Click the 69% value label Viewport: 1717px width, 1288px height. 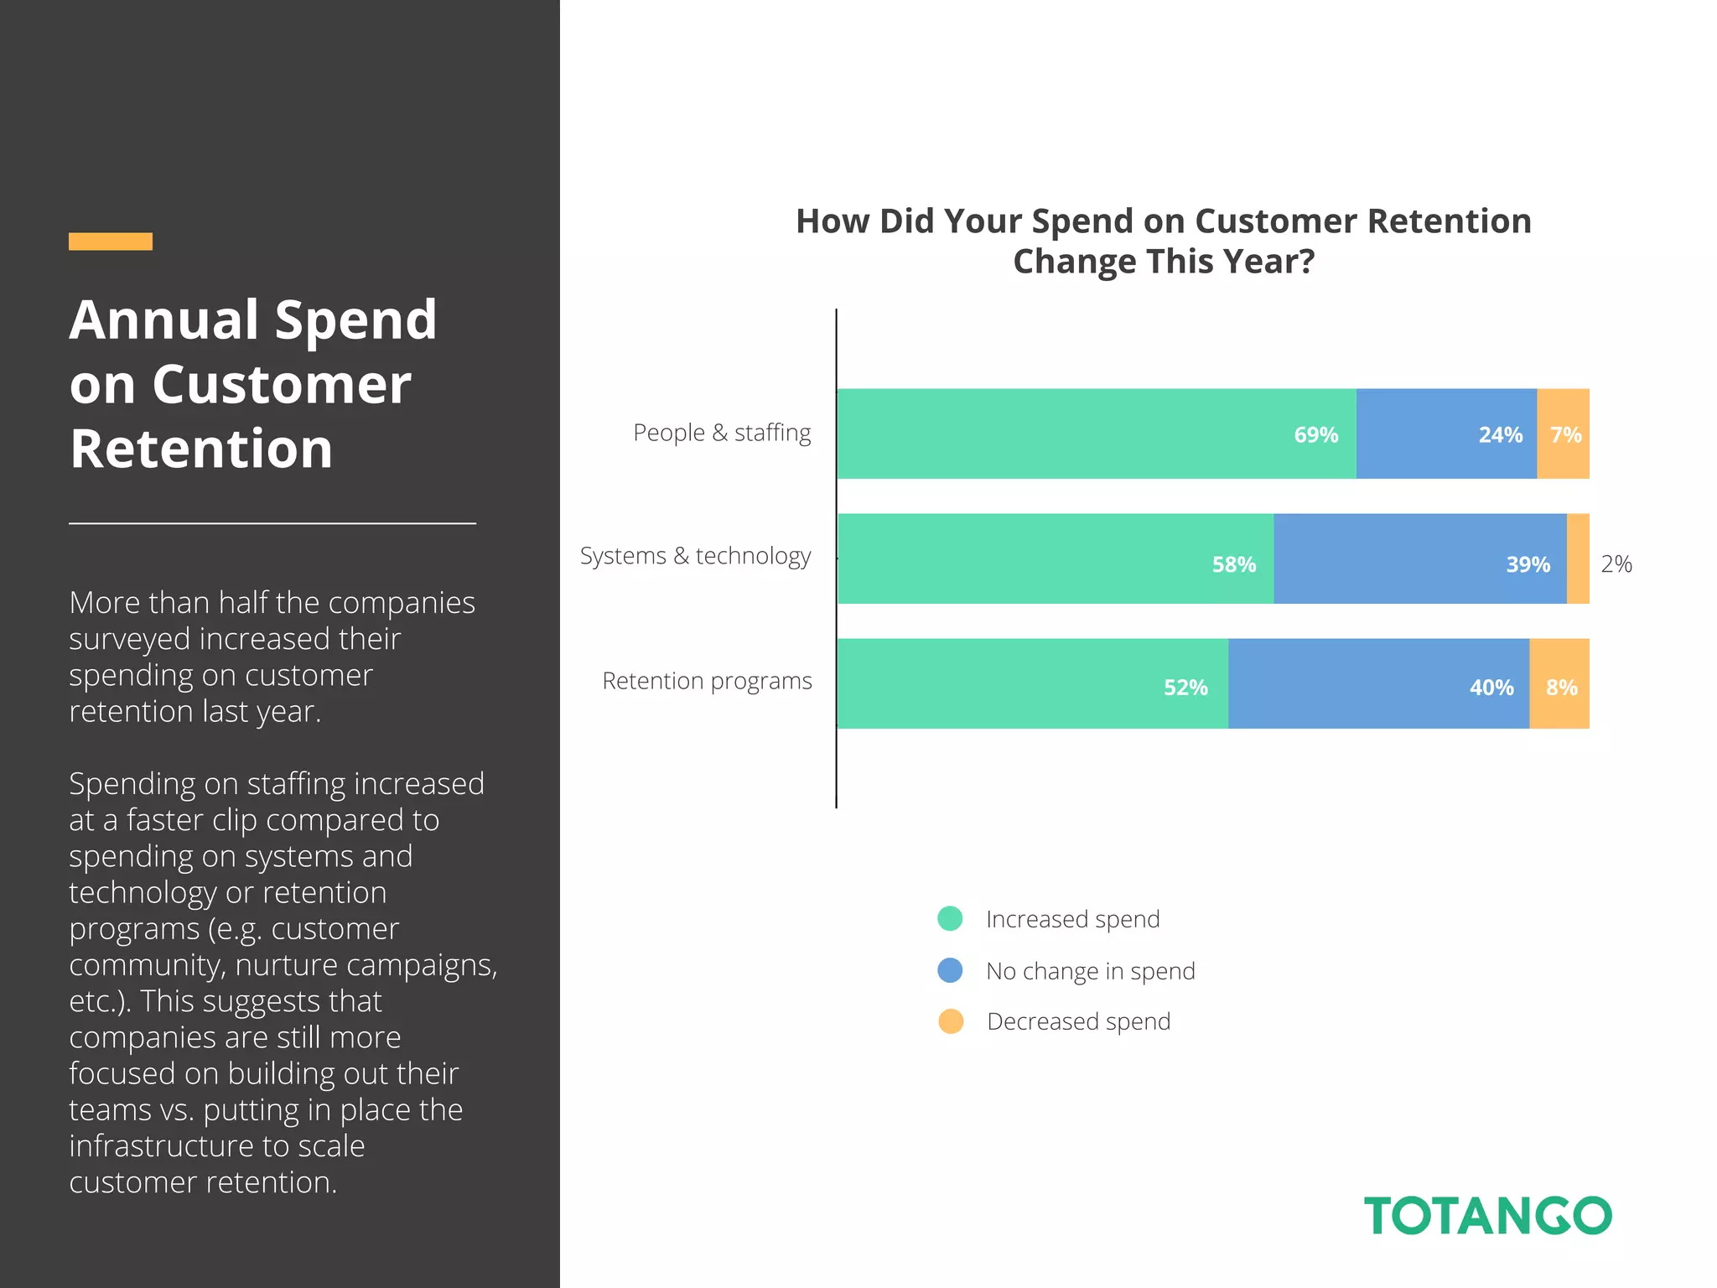(x=1315, y=434)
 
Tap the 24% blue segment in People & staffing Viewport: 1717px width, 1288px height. (x=1446, y=434)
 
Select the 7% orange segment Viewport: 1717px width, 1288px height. (x=1564, y=434)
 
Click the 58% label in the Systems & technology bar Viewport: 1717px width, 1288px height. (x=1233, y=564)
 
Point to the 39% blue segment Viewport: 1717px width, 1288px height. (x=1419, y=559)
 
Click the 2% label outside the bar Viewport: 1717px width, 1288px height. (x=1616, y=564)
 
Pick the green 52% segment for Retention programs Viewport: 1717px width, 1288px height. (x=1032, y=684)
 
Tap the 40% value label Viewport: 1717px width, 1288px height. (x=1491, y=688)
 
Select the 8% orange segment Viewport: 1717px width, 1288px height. (x=1559, y=684)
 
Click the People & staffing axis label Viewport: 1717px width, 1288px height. (x=722, y=433)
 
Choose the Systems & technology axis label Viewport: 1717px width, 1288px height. (x=695, y=556)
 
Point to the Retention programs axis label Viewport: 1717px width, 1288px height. (x=707, y=681)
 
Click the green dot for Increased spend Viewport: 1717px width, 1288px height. (x=950, y=918)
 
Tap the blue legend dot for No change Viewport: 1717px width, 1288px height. (x=950, y=970)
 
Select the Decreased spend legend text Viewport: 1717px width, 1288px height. (x=1078, y=1021)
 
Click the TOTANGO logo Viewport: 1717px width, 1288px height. (x=1487, y=1216)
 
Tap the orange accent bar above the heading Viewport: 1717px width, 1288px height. (x=111, y=241)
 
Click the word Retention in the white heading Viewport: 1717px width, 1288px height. (x=201, y=449)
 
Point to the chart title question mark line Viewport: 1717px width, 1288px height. (x=1163, y=262)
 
